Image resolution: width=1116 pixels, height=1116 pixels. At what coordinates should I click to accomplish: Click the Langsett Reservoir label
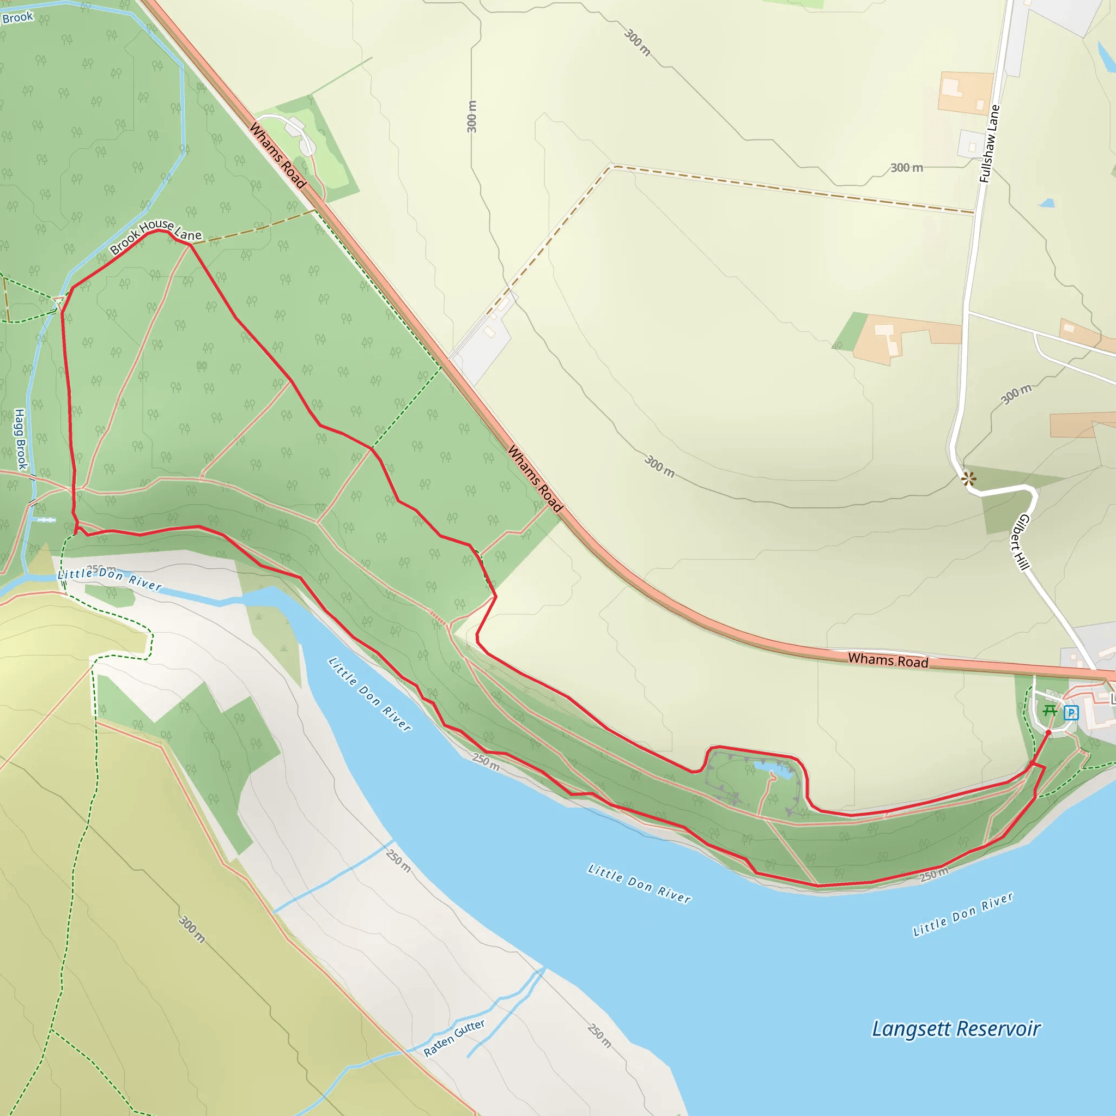pyautogui.click(x=956, y=1029)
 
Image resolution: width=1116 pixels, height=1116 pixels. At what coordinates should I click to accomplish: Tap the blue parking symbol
pyautogui.click(x=1071, y=712)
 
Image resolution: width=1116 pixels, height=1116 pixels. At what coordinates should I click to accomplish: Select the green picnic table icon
pyautogui.click(x=1050, y=710)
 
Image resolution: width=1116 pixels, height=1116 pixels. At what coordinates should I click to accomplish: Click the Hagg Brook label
pyautogui.click(x=20, y=439)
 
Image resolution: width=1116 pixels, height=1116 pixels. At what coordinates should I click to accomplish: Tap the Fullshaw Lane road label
pyautogui.click(x=989, y=144)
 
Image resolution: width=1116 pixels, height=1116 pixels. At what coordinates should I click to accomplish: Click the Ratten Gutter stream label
pyautogui.click(x=454, y=1038)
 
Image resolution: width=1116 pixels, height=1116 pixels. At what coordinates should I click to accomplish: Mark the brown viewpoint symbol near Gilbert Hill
pyautogui.click(x=969, y=478)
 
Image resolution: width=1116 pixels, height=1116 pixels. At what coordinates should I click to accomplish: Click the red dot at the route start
pyautogui.click(x=1048, y=732)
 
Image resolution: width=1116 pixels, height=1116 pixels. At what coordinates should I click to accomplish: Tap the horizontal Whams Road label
pyautogui.click(x=888, y=660)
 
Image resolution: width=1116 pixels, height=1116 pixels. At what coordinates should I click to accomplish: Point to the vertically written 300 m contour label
pyautogui.click(x=472, y=116)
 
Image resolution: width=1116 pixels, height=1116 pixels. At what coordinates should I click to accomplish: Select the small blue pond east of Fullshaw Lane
pyautogui.click(x=1047, y=203)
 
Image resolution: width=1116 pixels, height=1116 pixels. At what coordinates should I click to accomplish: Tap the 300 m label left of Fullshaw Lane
pyautogui.click(x=906, y=167)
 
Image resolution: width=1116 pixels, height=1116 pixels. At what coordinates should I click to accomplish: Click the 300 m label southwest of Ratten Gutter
pyautogui.click(x=192, y=929)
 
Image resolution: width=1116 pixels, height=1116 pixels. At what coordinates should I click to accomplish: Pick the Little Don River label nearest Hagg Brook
pyautogui.click(x=110, y=579)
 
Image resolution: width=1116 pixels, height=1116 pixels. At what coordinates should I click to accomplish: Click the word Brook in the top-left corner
pyautogui.click(x=17, y=17)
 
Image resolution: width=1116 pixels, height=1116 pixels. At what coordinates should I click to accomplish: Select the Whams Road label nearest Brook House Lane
pyautogui.click(x=277, y=155)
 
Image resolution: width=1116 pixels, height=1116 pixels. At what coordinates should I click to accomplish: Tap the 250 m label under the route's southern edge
pyautogui.click(x=934, y=875)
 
